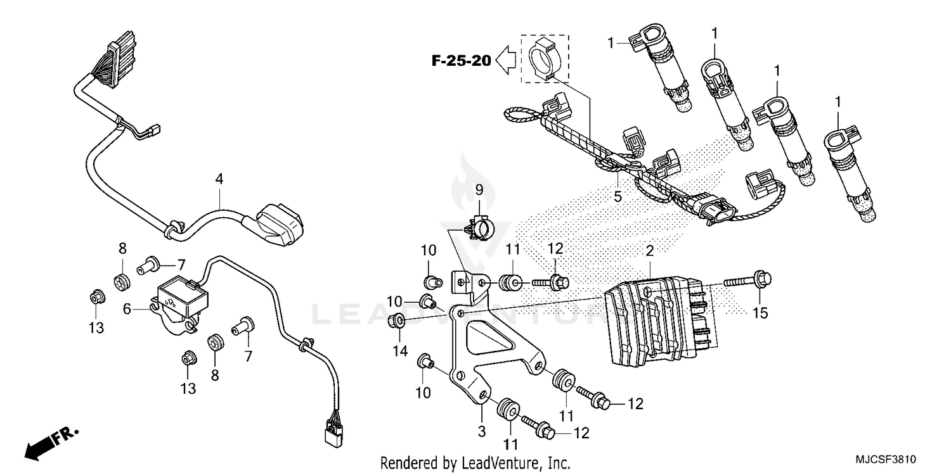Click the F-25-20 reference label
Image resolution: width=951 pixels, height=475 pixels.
pyautogui.click(x=461, y=61)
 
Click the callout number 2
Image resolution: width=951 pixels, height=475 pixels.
pyautogui.click(x=649, y=251)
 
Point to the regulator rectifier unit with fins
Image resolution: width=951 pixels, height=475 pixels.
pyautogui.click(x=659, y=323)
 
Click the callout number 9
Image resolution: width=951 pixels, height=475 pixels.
pyautogui.click(x=479, y=189)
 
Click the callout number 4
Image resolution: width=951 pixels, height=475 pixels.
pyautogui.click(x=219, y=179)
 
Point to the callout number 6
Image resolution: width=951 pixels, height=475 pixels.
pyautogui.click(x=127, y=309)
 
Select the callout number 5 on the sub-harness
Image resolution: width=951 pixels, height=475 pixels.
pyautogui.click(x=617, y=196)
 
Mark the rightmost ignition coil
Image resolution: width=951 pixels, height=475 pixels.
pyautogui.click(x=853, y=174)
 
